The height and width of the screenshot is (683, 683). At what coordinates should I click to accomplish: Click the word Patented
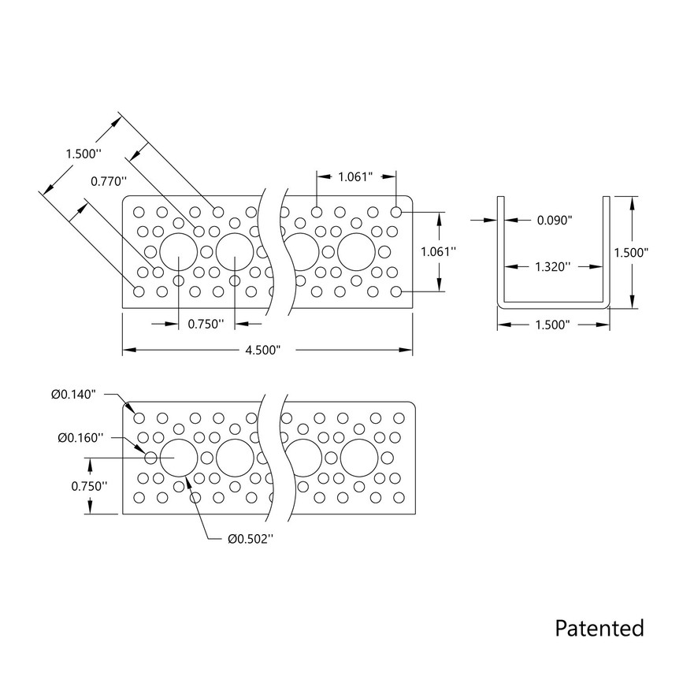pyautogui.click(x=599, y=628)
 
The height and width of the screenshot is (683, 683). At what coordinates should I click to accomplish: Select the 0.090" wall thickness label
pyautogui.click(x=554, y=221)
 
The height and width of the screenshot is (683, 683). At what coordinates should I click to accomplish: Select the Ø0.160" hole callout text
pyautogui.click(x=80, y=437)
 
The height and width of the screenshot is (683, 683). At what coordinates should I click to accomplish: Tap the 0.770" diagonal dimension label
pyautogui.click(x=109, y=181)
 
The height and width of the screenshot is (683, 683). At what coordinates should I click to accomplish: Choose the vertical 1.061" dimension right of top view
pyautogui.click(x=440, y=251)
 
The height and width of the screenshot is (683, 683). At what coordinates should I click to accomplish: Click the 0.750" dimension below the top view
pyautogui.click(x=206, y=323)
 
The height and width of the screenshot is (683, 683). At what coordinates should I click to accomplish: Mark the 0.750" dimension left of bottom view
pyautogui.click(x=87, y=486)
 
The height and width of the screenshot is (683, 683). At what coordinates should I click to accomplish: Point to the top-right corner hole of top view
pyautogui.click(x=396, y=212)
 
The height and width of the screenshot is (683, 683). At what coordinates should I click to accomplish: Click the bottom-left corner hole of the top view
pyautogui.click(x=139, y=291)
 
